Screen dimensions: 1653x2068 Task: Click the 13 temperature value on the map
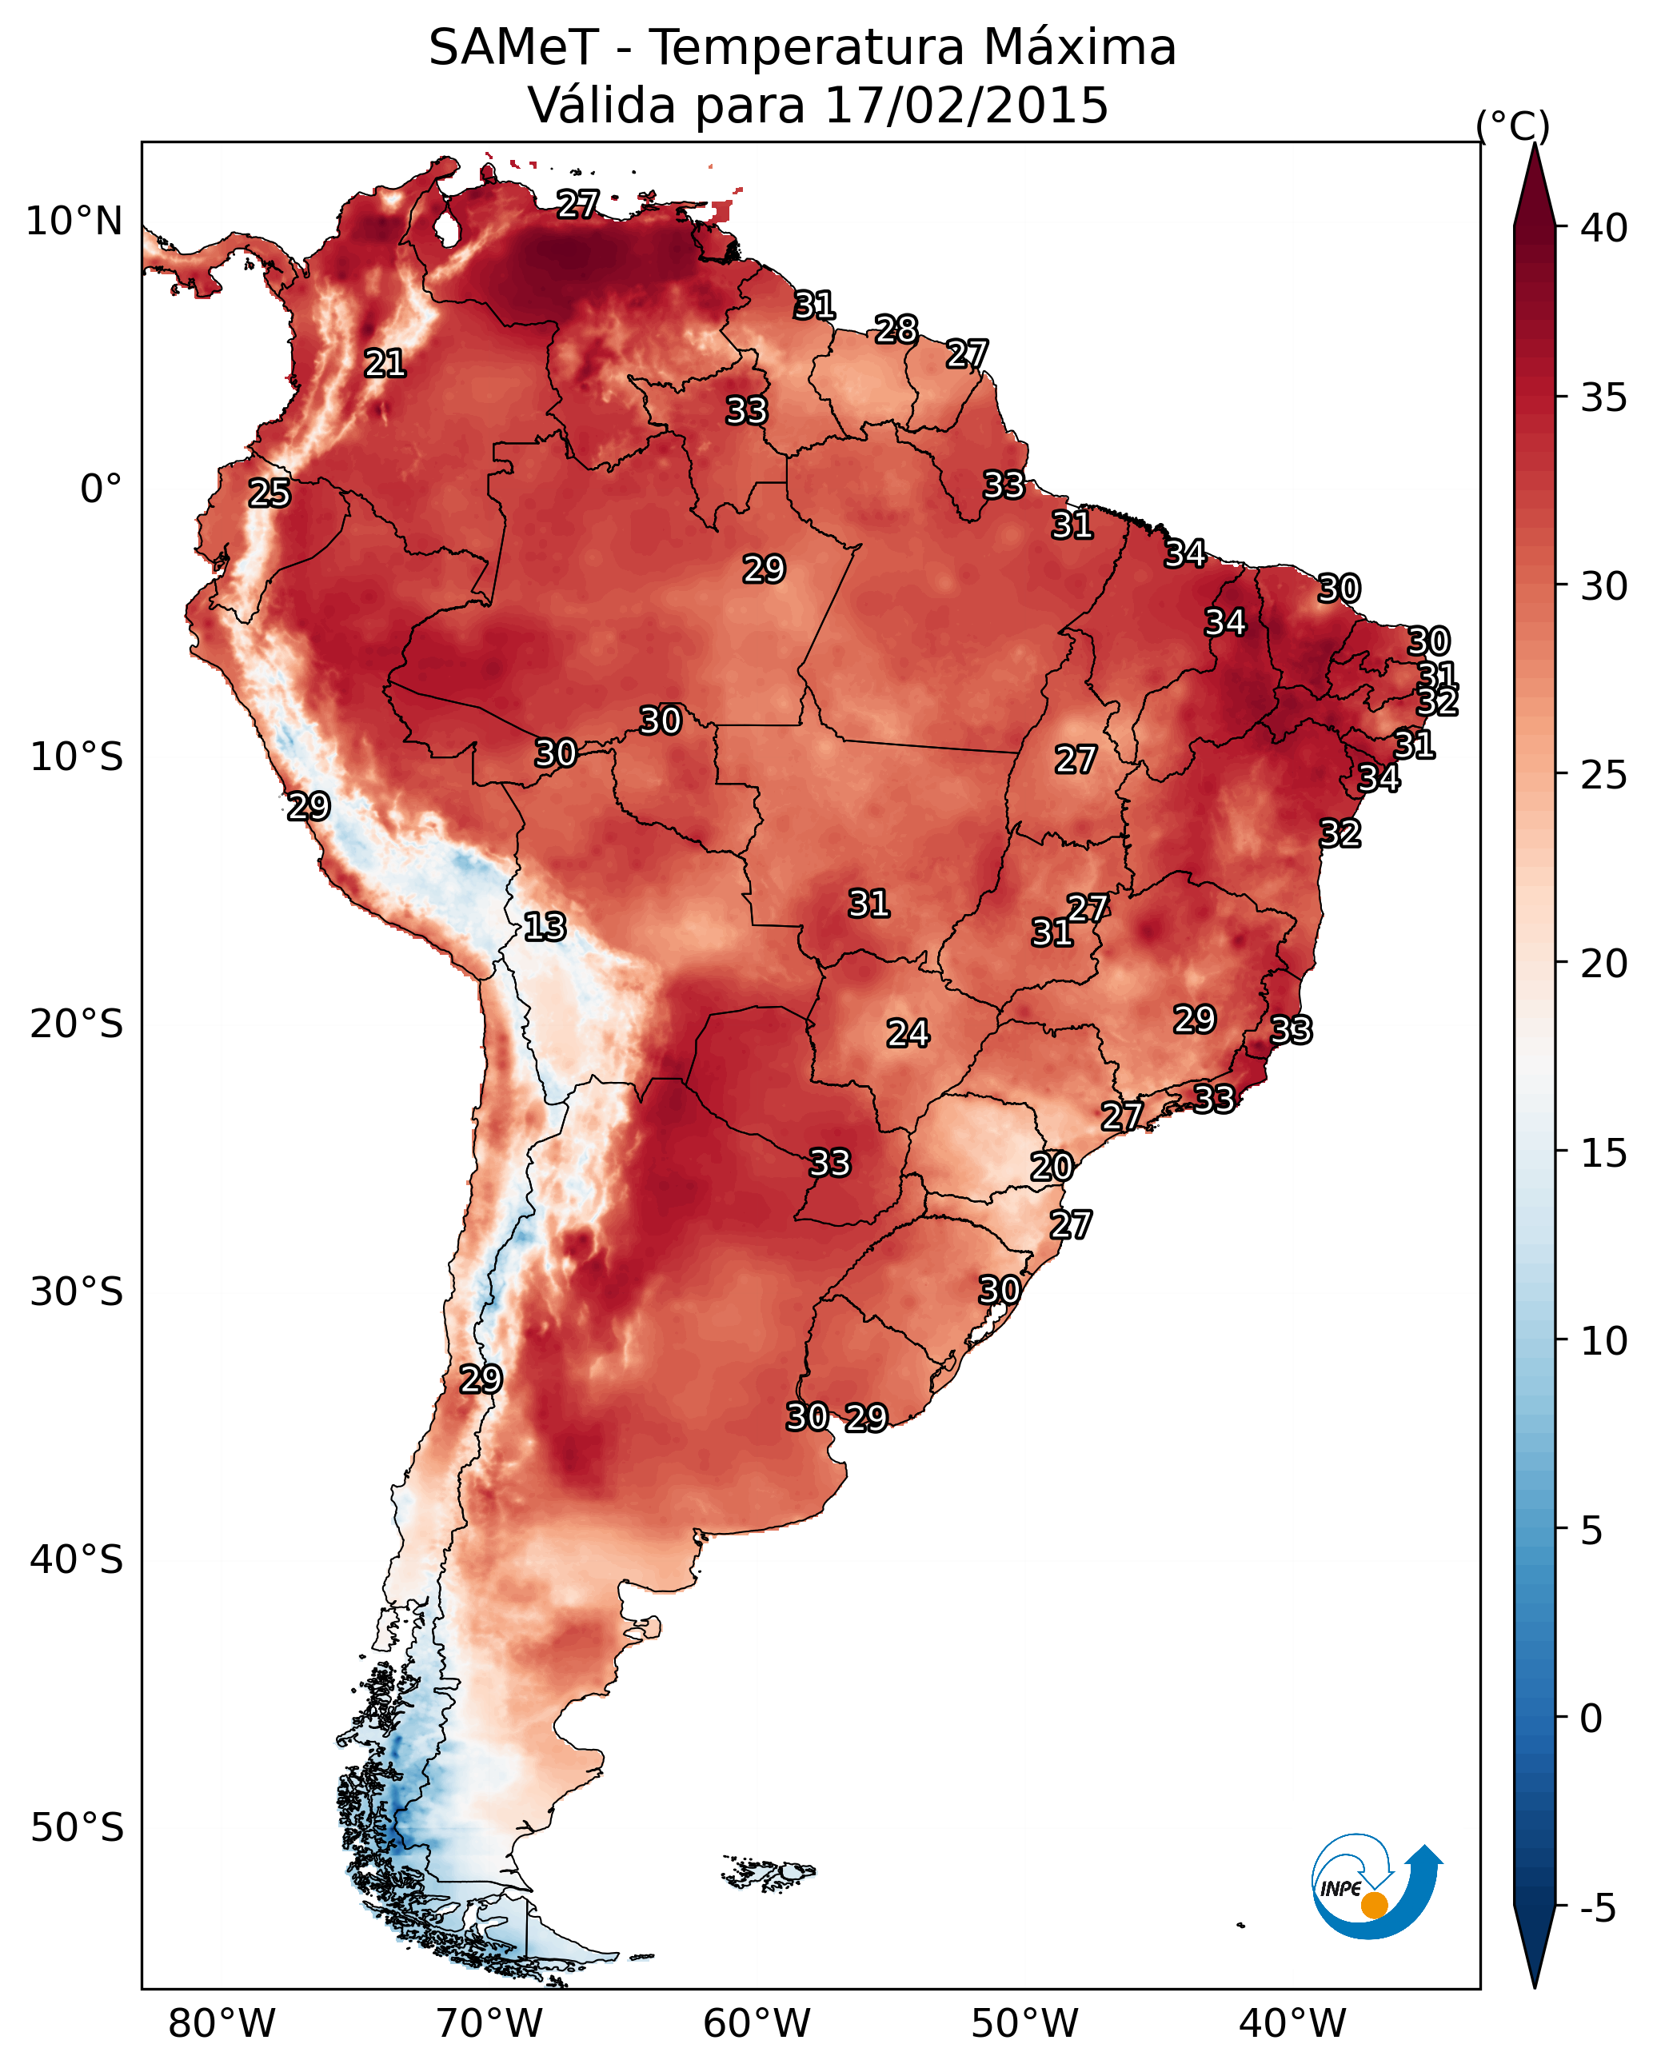coord(545,927)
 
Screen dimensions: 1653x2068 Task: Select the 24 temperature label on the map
coord(908,1033)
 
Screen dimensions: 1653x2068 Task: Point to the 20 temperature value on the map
coord(1052,1167)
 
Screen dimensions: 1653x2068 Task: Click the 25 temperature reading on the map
coord(270,493)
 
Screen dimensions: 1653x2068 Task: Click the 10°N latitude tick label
coord(74,222)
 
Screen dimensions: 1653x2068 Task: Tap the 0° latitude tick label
coord(102,489)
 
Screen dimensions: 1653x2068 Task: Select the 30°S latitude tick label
coord(77,1292)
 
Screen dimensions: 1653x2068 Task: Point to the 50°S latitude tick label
coord(77,1828)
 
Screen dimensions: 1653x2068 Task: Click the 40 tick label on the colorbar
coord(1604,228)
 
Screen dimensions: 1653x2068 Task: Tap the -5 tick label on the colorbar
coord(1599,1909)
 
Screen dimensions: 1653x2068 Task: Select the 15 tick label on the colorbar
coord(1604,1153)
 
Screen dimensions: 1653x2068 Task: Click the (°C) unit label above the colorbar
coord(1513,126)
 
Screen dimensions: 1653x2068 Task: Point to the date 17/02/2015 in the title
coord(966,106)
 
